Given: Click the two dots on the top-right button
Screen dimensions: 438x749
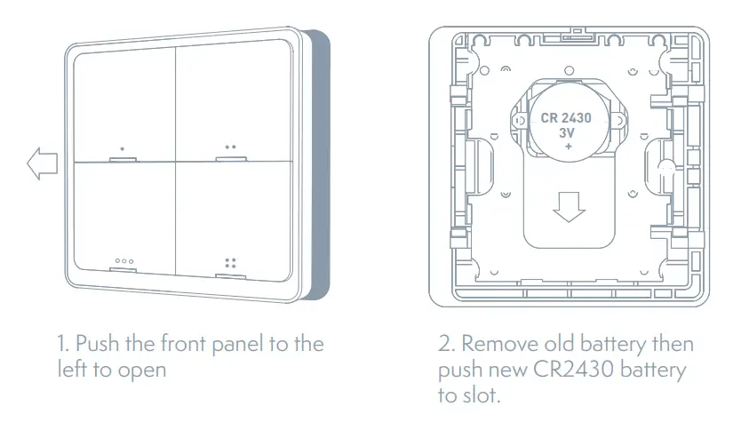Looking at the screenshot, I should click(230, 147).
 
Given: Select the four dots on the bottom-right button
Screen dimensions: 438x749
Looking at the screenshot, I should click(230, 263).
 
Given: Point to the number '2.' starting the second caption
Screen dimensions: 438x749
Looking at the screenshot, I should click(448, 344).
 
